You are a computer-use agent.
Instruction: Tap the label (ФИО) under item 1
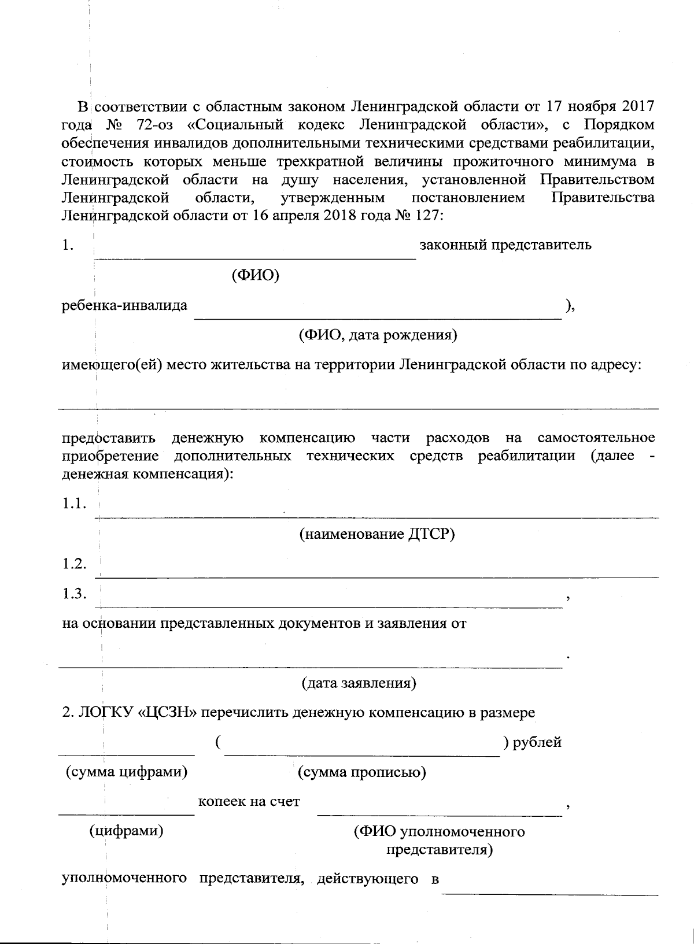click(255, 275)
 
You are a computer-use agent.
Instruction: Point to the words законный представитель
click(505, 245)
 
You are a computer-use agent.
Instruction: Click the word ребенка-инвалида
click(124, 305)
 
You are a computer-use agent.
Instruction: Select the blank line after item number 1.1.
click(376, 516)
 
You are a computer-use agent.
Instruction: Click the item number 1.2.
click(75, 564)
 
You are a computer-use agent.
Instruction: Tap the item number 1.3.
click(75, 594)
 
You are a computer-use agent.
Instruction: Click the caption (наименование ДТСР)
click(376, 534)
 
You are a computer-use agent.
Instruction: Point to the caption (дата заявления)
click(359, 683)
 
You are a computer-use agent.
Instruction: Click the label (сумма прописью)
click(361, 772)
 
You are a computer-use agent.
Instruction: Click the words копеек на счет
click(249, 802)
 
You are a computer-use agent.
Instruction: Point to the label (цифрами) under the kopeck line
click(125, 831)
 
